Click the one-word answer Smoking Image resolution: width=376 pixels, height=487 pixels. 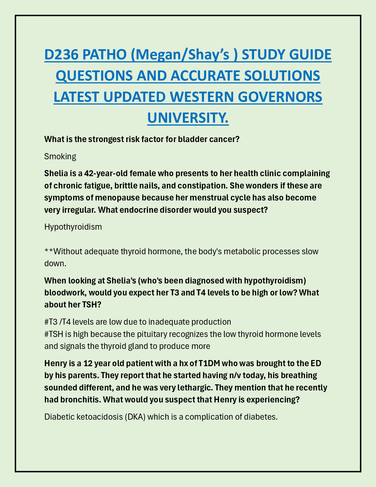(60, 156)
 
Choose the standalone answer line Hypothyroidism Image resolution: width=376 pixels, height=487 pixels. (73, 227)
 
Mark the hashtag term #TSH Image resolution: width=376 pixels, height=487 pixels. (53, 334)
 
